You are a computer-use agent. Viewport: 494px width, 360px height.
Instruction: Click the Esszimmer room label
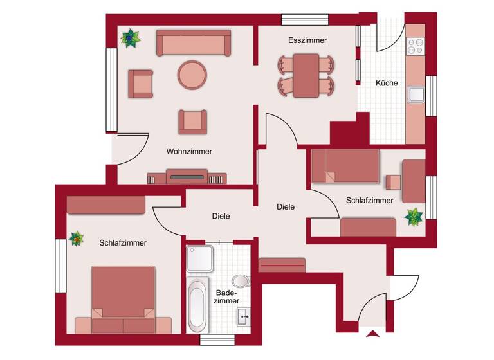[307, 40]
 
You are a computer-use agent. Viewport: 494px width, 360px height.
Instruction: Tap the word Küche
[387, 83]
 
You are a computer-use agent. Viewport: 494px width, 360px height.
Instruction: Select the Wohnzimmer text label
[189, 152]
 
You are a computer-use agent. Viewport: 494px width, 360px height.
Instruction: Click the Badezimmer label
[226, 296]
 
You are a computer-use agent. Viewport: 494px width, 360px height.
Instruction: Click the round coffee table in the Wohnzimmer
[192, 75]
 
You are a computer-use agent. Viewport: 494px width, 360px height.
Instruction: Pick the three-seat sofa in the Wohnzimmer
[194, 45]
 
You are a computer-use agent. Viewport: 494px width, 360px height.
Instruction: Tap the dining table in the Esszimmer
[307, 75]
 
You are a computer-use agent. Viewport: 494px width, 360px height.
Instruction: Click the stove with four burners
[416, 46]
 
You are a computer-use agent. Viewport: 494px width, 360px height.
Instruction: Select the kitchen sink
[416, 94]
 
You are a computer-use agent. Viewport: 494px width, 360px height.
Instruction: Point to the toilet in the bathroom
[241, 281]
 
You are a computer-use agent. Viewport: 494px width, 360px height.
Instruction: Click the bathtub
[196, 305]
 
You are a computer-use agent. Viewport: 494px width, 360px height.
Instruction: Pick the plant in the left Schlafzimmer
[77, 239]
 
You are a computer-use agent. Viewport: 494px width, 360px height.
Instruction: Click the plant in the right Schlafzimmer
[414, 217]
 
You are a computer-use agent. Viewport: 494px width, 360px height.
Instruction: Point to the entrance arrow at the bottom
[372, 333]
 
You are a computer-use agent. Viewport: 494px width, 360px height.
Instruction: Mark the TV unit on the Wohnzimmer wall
[187, 176]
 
